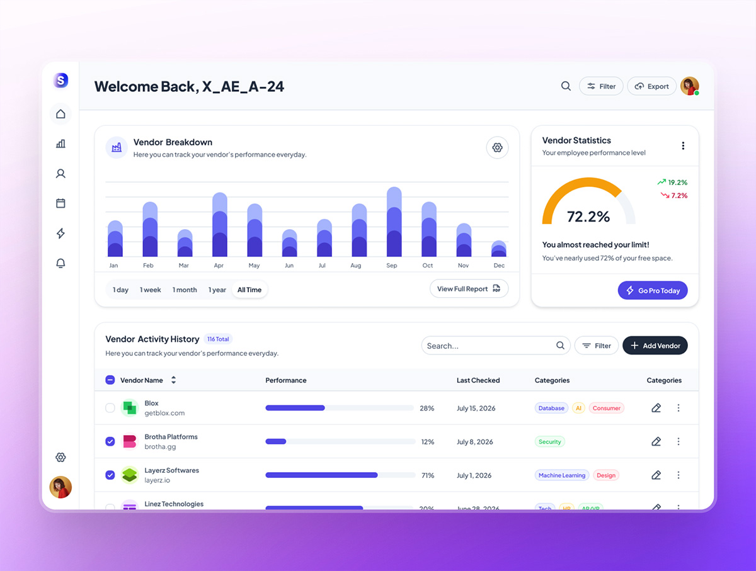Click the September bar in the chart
coord(394,222)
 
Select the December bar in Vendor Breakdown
coord(499,249)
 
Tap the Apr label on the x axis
coord(219,266)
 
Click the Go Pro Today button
coord(653,290)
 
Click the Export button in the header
coord(652,86)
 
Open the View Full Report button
coord(469,289)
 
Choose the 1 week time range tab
coord(151,290)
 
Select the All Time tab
coord(249,290)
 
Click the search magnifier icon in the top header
coord(566,86)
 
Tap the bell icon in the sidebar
coord(60,263)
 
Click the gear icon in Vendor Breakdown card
coord(497,147)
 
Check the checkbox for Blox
coord(110,408)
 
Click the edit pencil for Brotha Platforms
coord(656,442)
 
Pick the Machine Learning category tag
coord(562,475)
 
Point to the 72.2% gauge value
coord(588,217)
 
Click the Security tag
coord(549,442)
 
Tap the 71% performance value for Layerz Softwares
coord(428,475)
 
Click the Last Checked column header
coord(478,380)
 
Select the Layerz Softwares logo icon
coord(129,475)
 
